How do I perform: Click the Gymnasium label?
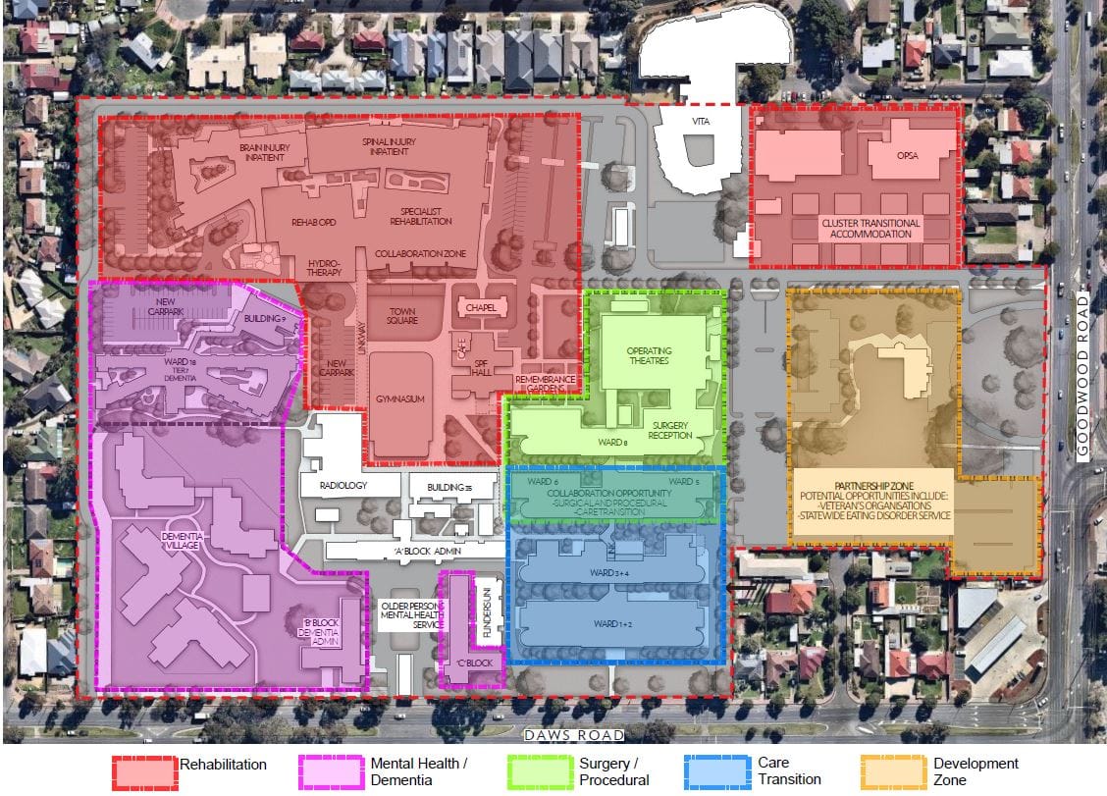click(x=398, y=399)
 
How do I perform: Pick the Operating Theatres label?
click(x=647, y=355)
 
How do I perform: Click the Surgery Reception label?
click(x=671, y=431)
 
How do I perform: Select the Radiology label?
click(x=342, y=486)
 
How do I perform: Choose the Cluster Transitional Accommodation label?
click(x=870, y=229)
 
